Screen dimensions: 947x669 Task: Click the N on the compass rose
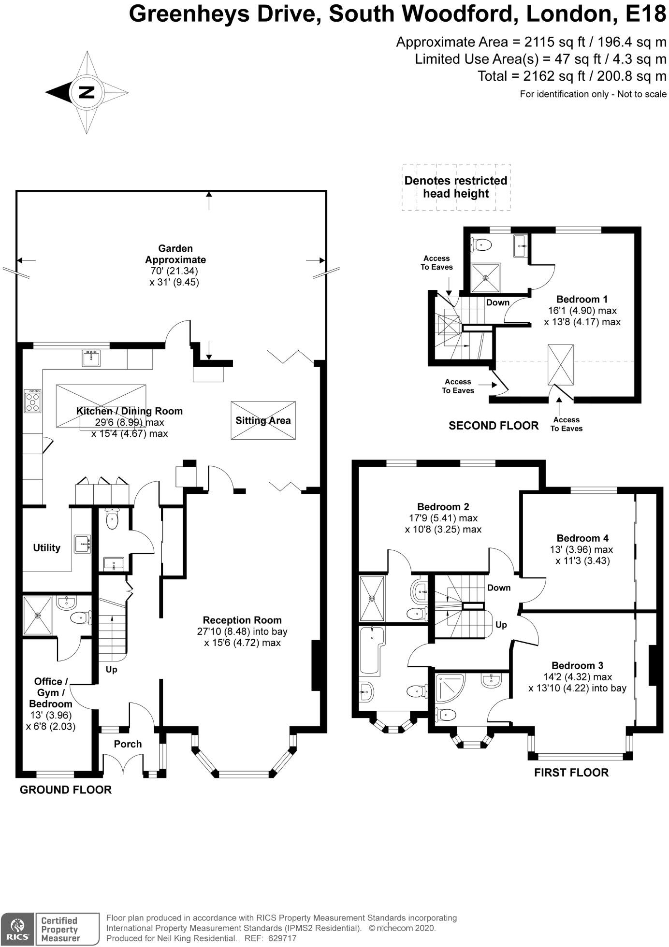tap(87, 92)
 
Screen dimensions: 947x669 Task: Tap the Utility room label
tap(46, 547)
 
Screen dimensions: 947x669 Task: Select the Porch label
tap(128, 744)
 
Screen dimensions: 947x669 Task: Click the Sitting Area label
tap(263, 420)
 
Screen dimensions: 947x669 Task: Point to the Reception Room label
tap(242, 620)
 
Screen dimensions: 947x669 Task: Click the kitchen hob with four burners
tap(33, 401)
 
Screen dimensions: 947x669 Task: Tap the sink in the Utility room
tap(83, 544)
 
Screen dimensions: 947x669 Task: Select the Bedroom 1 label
tap(582, 299)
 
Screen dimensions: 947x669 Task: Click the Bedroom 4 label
tap(582, 538)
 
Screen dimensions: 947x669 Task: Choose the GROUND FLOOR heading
tap(66, 789)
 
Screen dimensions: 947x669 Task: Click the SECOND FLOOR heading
tap(493, 426)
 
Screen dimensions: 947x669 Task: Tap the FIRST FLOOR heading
tap(571, 773)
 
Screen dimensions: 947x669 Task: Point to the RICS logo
tap(17, 928)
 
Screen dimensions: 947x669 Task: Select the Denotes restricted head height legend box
tap(456, 187)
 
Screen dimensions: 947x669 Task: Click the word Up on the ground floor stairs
tap(111, 670)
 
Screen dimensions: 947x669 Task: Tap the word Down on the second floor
tap(497, 302)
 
